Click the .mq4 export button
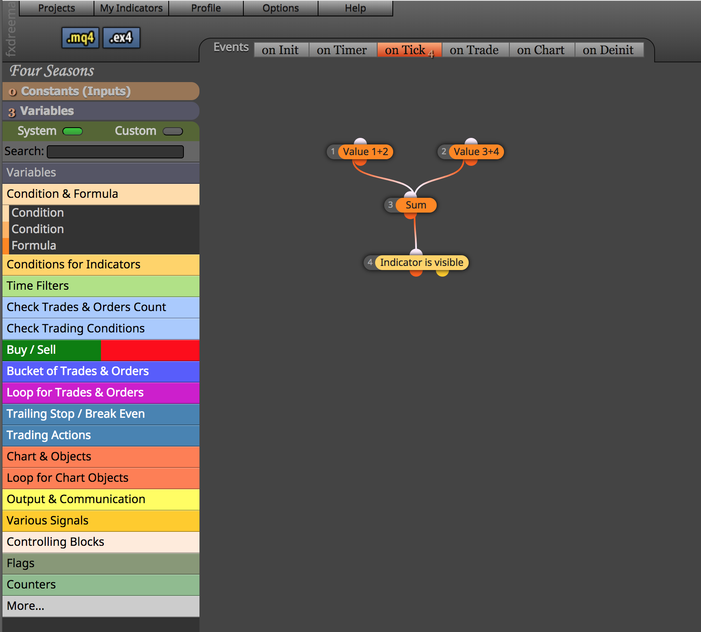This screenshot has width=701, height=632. click(x=80, y=38)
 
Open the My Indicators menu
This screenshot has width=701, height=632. click(x=131, y=8)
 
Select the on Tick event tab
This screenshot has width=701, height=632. click(x=409, y=50)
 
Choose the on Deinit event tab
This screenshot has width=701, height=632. click(x=608, y=50)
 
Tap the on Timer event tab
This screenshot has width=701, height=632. click(x=342, y=50)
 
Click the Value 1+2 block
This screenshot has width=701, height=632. click(x=365, y=152)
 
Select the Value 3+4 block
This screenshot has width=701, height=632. click(x=476, y=152)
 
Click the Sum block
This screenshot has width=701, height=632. click(x=416, y=205)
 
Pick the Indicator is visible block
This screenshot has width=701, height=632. click(x=422, y=263)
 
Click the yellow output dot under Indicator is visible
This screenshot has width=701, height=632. click(x=442, y=273)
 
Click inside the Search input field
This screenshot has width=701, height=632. click(x=115, y=152)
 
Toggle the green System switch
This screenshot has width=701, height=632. click(x=73, y=131)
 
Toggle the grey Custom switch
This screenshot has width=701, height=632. click(x=173, y=131)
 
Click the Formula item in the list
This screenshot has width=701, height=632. click(x=34, y=245)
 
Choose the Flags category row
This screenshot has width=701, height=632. click(x=101, y=563)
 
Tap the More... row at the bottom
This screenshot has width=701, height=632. click(x=101, y=606)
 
